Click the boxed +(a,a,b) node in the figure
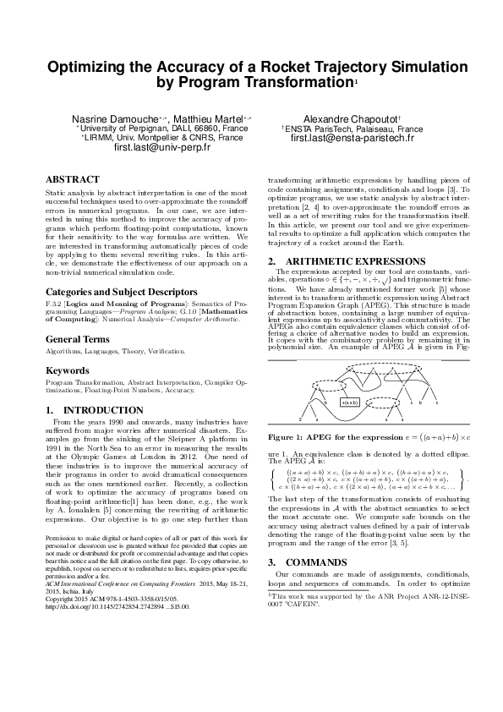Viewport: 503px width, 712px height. pyautogui.click(x=350, y=403)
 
